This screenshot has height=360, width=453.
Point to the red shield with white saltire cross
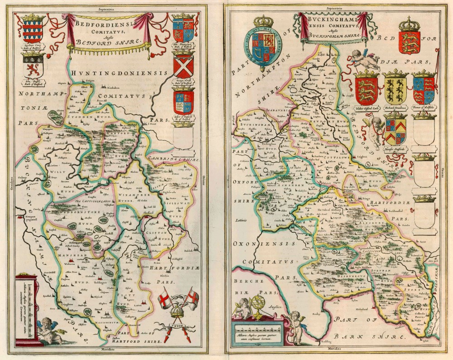click(183, 66)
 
